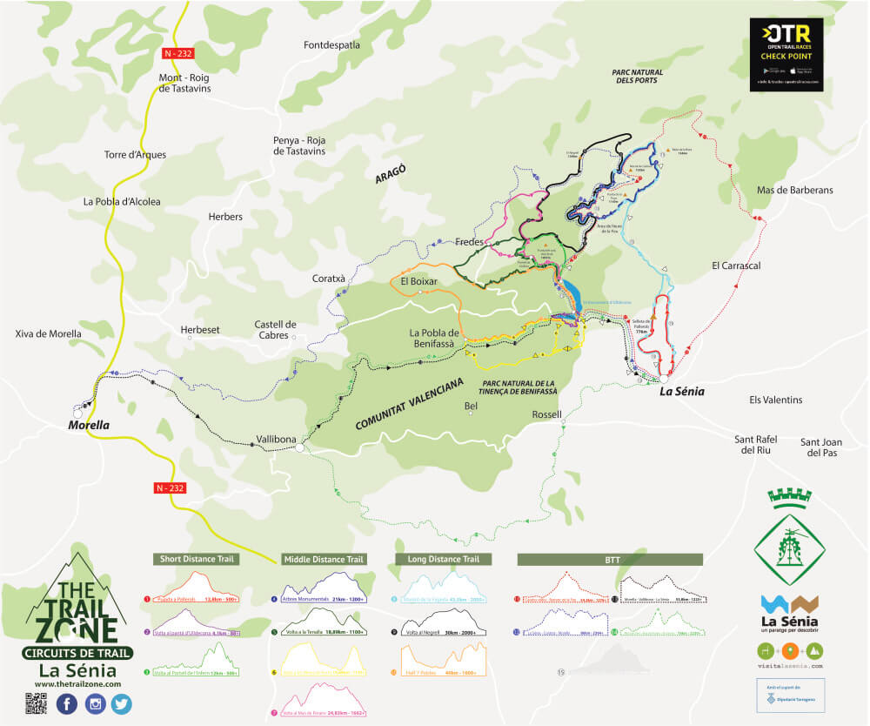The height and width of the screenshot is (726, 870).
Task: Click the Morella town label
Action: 89,426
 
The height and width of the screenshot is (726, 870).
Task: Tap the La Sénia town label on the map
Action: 680,391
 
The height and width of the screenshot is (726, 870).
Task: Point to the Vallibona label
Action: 278,439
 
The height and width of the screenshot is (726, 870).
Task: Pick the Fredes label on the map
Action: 470,242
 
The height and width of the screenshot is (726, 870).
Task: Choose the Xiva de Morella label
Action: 49,333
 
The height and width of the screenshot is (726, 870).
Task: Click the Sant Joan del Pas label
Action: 822,447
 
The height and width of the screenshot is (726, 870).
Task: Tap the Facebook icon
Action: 66,704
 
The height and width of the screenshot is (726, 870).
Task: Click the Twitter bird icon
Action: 121,704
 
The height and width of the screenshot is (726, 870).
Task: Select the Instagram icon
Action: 94,704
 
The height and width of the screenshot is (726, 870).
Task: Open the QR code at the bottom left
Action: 36,704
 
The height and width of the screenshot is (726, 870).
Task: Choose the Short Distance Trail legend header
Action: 196,559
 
